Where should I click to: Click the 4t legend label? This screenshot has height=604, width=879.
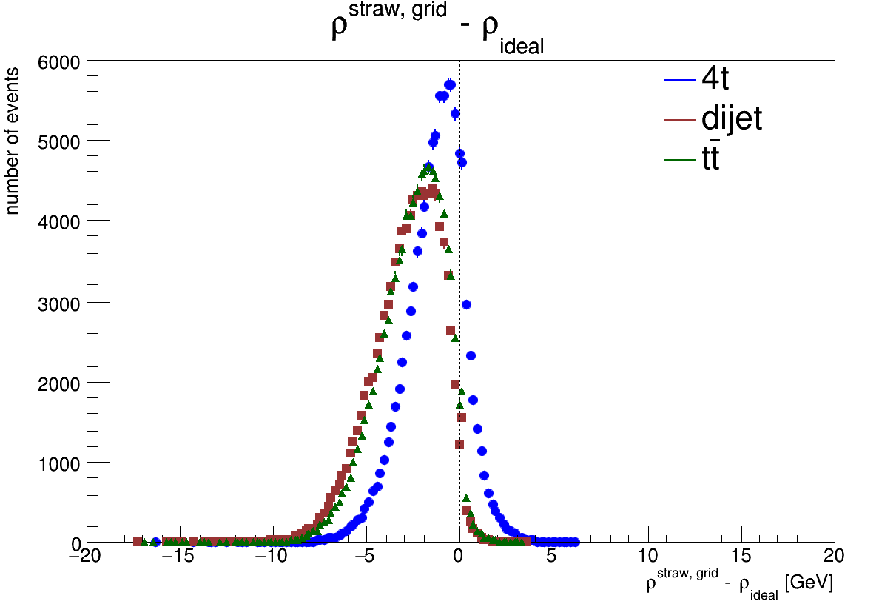(x=715, y=78)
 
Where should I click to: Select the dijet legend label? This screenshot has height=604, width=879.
(x=732, y=118)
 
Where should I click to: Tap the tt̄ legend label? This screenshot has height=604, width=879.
(x=710, y=158)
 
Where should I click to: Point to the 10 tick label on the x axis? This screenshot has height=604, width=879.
(x=647, y=556)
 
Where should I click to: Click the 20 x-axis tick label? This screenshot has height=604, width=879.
(x=834, y=556)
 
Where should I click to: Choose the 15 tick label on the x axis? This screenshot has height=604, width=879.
(x=741, y=556)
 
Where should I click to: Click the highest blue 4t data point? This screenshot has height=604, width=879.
(x=449, y=84)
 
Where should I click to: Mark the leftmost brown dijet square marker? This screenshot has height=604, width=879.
(x=138, y=542)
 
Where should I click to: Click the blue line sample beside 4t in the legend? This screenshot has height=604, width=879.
(x=680, y=79)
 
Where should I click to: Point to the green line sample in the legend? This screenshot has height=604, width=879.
(x=680, y=160)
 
